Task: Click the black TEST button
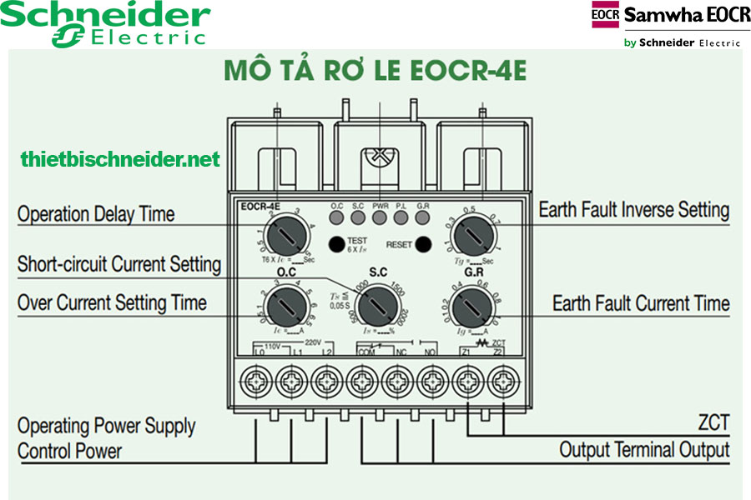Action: tap(335, 244)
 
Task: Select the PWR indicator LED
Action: tap(380, 218)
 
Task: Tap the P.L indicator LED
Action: tap(401, 218)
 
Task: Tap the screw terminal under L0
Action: tap(255, 383)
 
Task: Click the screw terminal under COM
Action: tap(360, 383)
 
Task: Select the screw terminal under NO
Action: tap(431, 383)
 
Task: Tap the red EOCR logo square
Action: tap(605, 15)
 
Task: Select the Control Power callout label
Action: tap(69, 452)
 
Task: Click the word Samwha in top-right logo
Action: tap(658, 15)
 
